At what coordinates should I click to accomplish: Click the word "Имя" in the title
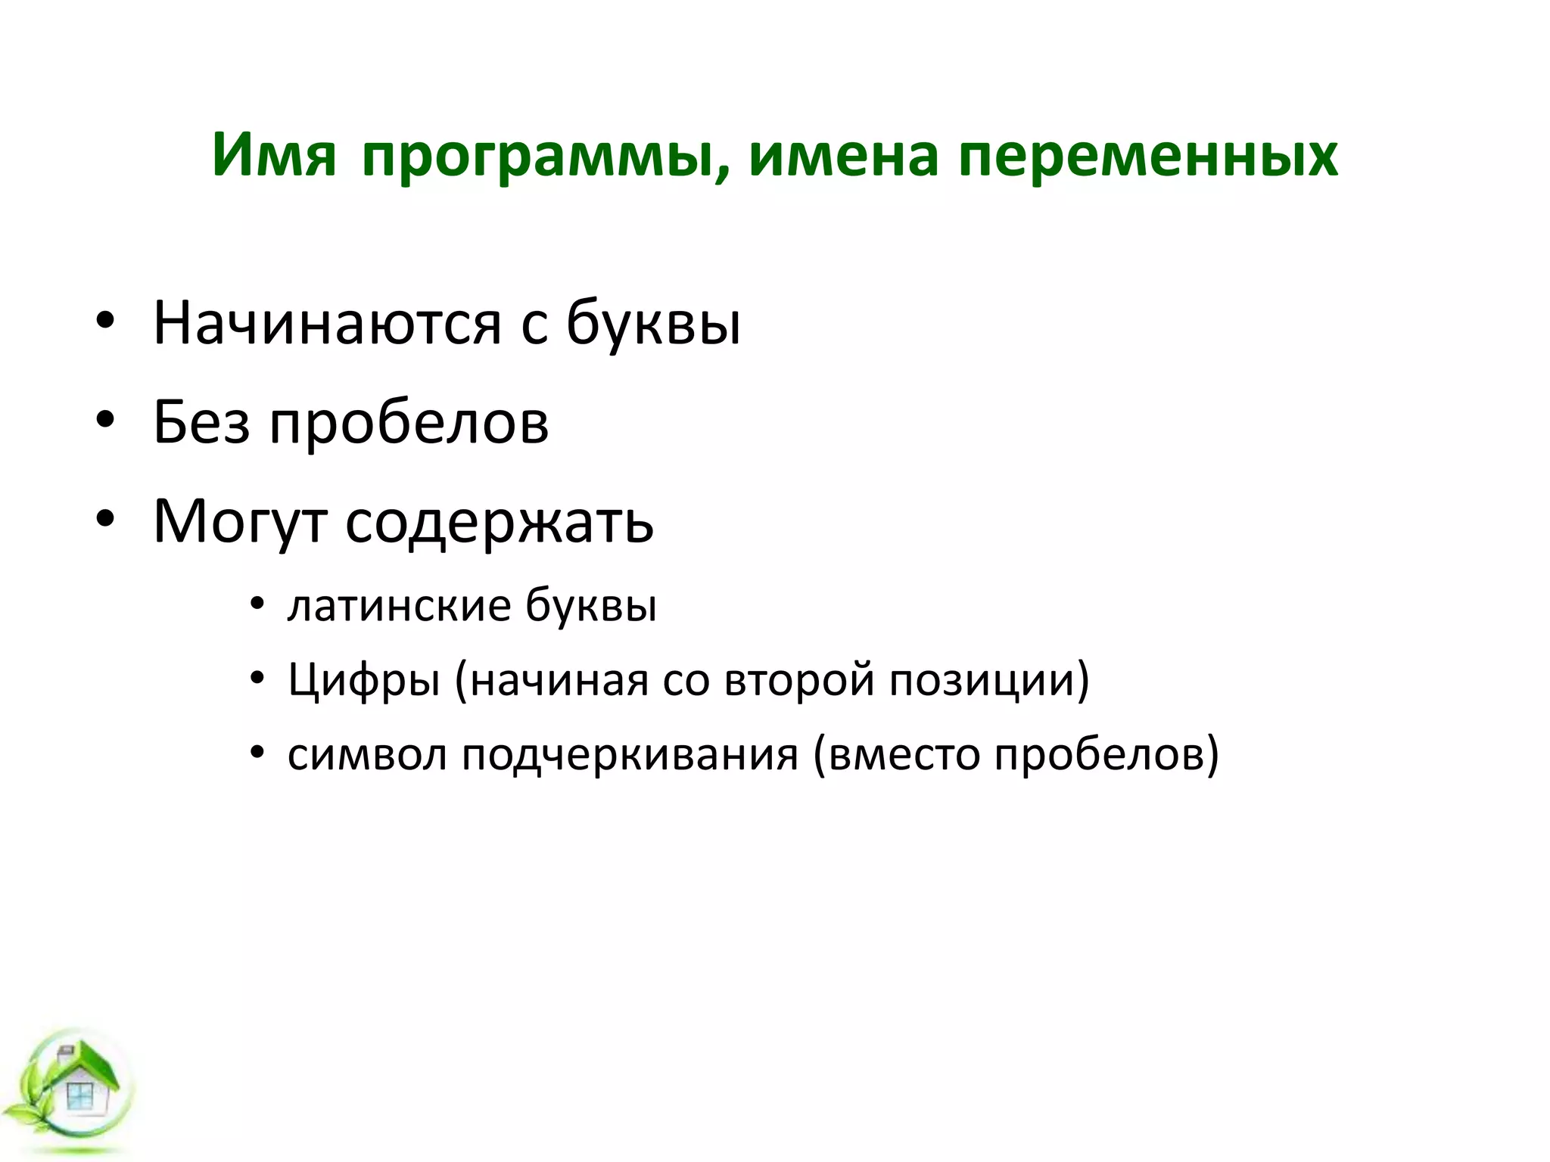[274, 156]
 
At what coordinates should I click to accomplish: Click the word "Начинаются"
[327, 324]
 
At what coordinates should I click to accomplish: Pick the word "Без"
[201, 422]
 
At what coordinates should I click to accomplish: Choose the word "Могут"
[240, 522]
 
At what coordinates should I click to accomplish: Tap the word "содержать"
[500, 522]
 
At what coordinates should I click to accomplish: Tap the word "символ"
[367, 755]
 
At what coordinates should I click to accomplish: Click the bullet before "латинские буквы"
[257, 606]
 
